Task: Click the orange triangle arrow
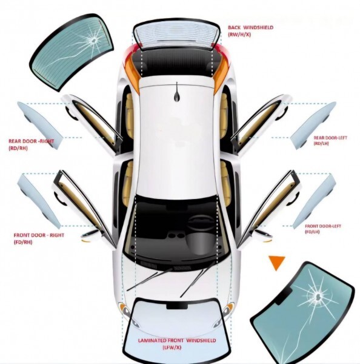tap(276, 262)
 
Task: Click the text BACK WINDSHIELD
tap(250, 27)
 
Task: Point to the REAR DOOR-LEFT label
tap(330, 138)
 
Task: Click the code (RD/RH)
tap(18, 148)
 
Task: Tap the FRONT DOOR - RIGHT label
tap(39, 235)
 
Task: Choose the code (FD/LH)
tap(312, 232)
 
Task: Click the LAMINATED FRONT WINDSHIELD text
tap(177, 340)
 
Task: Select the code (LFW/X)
tap(172, 348)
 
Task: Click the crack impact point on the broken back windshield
tap(94, 41)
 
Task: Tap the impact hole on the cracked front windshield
tap(318, 296)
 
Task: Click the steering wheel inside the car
tap(201, 223)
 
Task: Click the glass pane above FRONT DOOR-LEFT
tap(315, 201)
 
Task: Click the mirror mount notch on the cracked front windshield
tap(284, 296)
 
